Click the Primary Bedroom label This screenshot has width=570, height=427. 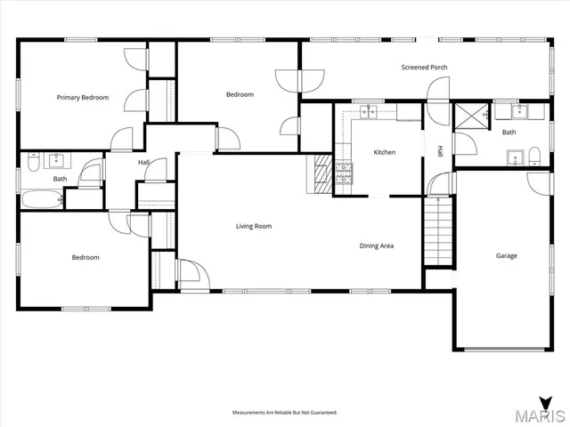(x=82, y=97)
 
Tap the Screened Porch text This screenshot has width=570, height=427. (x=424, y=68)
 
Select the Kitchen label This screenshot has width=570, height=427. (x=384, y=152)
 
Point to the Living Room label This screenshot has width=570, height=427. (x=253, y=226)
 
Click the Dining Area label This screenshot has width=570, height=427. (x=377, y=246)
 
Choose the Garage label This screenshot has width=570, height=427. (x=506, y=255)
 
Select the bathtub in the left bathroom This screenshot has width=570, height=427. (x=40, y=199)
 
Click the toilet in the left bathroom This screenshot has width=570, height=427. (x=32, y=162)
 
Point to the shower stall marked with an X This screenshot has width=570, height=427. (x=467, y=117)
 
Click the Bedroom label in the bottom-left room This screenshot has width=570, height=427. (x=85, y=257)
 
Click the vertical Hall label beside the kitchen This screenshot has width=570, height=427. (x=439, y=151)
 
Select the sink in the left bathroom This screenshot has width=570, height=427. (x=57, y=160)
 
